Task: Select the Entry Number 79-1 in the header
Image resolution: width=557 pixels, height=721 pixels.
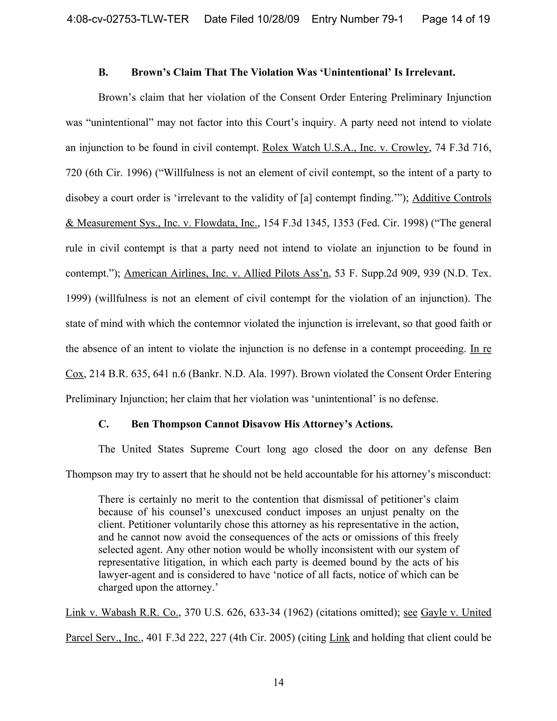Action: [357, 19]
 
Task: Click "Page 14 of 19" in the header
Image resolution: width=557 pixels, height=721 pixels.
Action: [456, 19]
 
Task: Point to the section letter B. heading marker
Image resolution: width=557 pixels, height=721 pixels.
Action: [103, 72]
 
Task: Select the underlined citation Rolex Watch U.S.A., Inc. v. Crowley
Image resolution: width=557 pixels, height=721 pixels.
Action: [345, 147]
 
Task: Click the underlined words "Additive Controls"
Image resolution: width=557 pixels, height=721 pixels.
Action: [451, 198]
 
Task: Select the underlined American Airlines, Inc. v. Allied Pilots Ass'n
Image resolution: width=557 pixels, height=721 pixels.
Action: [226, 273]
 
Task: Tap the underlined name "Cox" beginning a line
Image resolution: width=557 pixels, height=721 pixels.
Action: [75, 374]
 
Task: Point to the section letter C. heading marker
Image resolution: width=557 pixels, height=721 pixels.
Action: [103, 424]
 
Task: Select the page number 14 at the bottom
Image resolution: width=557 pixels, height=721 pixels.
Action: [278, 682]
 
